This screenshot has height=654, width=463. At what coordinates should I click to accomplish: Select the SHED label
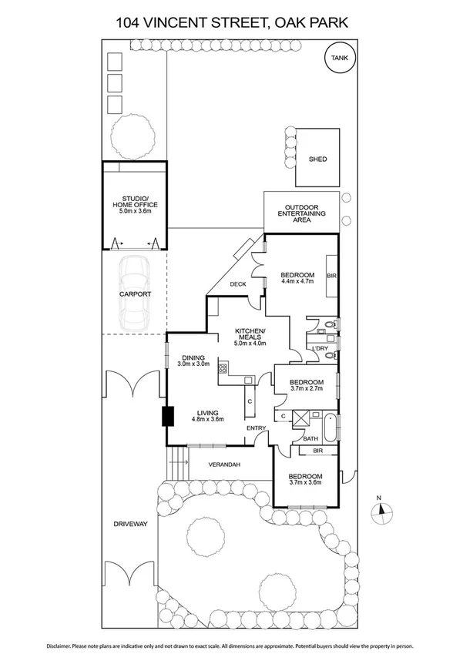click(317, 159)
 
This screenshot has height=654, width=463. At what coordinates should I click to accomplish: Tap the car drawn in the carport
click(136, 291)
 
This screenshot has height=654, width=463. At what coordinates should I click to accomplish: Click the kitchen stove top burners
click(223, 368)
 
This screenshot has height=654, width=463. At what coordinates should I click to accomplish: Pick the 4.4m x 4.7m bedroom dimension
click(297, 283)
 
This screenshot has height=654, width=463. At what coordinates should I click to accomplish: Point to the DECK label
click(238, 284)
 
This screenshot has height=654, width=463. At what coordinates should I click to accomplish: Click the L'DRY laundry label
click(319, 348)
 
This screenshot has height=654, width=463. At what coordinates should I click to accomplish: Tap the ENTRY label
click(256, 428)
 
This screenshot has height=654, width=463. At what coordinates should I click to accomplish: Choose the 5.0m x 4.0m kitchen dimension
click(250, 344)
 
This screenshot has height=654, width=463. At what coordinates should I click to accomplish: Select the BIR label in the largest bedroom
click(331, 275)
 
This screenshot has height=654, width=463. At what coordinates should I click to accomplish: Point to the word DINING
click(193, 357)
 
